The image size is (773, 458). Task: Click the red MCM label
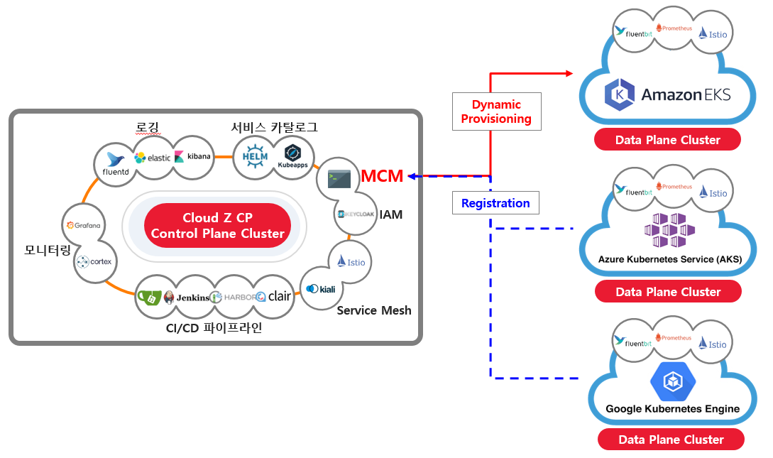pyautogui.click(x=382, y=176)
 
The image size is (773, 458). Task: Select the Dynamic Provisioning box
pyautogui.click(x=496, y=111)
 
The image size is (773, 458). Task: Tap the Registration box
pyautogui.click(x=495, y=203)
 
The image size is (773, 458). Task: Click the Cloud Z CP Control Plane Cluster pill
pyautogui.click(x=218, y=225)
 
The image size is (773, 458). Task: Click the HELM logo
pyautogui.click(x=254, y=156)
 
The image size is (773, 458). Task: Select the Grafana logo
pyautogui.click(x=83, y=225)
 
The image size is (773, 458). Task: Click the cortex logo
pyautogui.click(x=94, y=261)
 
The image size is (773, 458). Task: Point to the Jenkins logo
pyautogui.click(x=187, y=298)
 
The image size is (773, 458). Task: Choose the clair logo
pyautogui.click(x=274, y=296)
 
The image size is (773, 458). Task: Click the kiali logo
pyautogui.click(x=322, y=289)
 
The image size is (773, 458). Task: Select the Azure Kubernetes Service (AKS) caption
pyautogui.click(x=669, y=259)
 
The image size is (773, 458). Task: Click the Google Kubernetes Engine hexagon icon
pyautogui.click(x=671, y=381)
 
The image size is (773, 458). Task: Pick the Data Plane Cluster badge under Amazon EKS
pyautogui.click(x=667, y=140)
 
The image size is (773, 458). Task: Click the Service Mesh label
pyautogui.click(x=374, y=310)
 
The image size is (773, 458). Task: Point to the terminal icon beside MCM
pyautogui.click(x=339, y=178)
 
